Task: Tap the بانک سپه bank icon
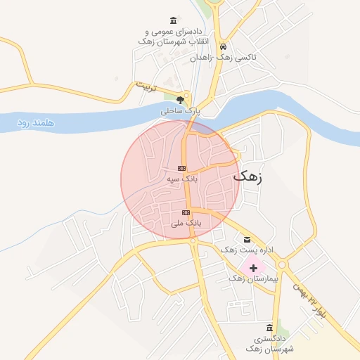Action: [x=182, y=169]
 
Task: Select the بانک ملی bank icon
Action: [x=186, y=212]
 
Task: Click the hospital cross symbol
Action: [x=253, y=268]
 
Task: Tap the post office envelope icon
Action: [x=246, y=239]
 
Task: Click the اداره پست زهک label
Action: [x=245, y=250]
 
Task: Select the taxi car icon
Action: [x=223, y=46]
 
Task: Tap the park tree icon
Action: [x=181, y=99]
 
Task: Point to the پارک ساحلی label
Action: [x=181, y=110]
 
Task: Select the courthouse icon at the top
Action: [x=174, y=20]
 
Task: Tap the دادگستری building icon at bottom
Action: [x=270, y=328]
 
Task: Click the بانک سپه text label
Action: [x=182, y=179]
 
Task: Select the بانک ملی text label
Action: [x=186, y=223]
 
